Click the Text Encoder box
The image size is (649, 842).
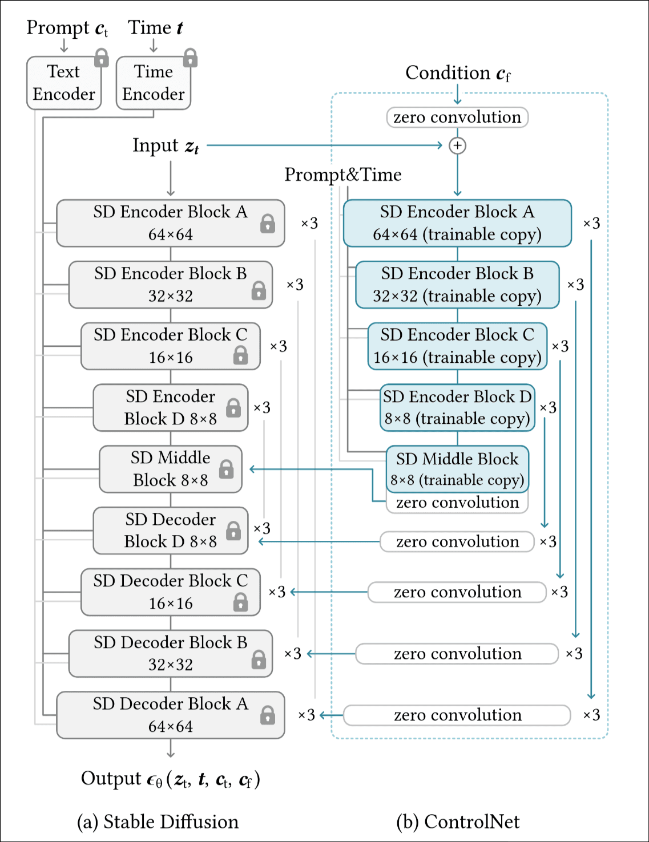[x=63, y=83]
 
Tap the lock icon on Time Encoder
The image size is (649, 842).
[x=190, y=58]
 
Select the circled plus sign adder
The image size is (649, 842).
[x=457, y=146]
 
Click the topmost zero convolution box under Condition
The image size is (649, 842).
[x=457, y=118]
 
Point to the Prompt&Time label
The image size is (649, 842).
[x=342, y=175]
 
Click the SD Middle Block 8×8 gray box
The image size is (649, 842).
[x=170, y=469]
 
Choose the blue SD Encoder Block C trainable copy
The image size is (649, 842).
[x=457, y=346]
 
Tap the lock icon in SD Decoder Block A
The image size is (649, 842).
[x=267, y=715]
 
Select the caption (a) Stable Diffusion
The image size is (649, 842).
[x=158, y=821]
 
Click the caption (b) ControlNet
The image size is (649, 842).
[x=458, y=821]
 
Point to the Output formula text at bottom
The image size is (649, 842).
[x=170, y=779]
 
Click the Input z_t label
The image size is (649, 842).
[x=166, y=146]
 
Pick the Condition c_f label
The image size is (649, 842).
[x=458, y=73]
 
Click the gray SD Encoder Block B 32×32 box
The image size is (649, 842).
[x=170, y=285]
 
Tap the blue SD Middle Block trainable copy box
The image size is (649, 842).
[x=457, y=469]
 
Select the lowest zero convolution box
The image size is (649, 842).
[x=457, y=715]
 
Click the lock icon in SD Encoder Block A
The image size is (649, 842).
[x=267, y=224]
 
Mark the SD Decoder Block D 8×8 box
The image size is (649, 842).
[x=170, y=531]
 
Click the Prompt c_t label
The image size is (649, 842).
[x=67, y=28]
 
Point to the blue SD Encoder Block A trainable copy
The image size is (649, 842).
[x=457, y=223]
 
